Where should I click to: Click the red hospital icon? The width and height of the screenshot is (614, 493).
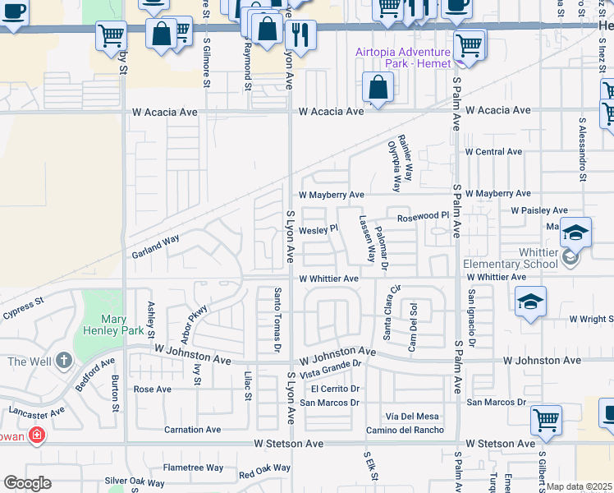[35, 435]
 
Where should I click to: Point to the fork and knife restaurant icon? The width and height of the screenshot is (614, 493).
[300, 34]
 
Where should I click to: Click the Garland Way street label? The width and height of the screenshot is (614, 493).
[155, 246]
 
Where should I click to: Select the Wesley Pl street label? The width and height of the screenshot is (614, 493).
[318, 230]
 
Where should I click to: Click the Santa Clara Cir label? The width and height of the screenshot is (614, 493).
[392, 311]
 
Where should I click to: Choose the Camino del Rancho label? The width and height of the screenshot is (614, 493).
[405, 430]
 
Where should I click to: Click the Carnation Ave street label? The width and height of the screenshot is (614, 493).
[192, 429]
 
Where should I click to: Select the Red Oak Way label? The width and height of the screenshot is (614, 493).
[264, 472]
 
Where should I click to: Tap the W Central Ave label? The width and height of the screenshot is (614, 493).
[493, 152]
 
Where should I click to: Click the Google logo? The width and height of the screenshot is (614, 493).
[26, 483]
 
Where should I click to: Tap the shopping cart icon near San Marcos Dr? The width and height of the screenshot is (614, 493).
[546, 421]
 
